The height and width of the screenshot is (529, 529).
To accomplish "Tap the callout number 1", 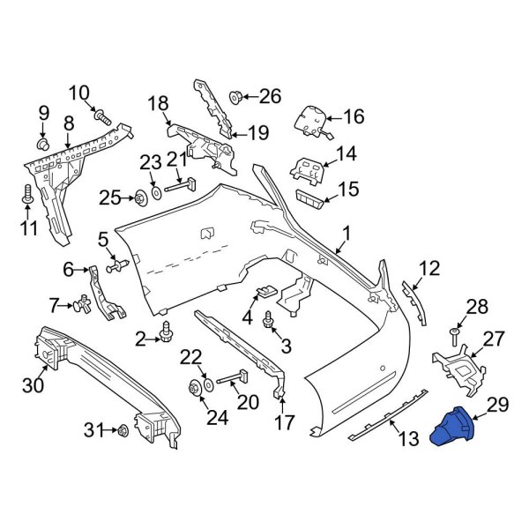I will (x=346, y=234).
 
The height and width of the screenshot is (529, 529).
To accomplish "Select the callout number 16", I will (x=353, y=116).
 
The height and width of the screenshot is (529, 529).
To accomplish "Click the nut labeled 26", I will (x=236, y=96).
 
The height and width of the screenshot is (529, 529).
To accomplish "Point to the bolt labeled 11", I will (x=29, y=195).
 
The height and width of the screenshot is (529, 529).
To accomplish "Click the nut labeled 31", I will (x=122, y=431).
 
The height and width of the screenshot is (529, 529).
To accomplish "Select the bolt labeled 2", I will (x=166, y=332).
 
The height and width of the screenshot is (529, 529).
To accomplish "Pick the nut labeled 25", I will (x=141, y=197).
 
